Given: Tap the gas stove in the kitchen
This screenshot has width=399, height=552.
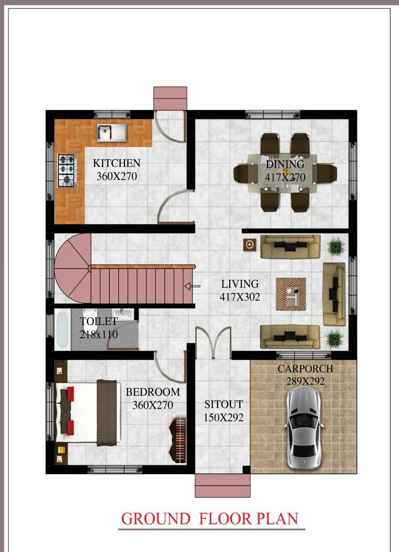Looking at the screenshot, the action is (67, 171).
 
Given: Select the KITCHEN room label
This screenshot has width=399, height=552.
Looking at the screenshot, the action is (117, 163).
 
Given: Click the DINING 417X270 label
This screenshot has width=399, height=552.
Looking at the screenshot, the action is (285, 171).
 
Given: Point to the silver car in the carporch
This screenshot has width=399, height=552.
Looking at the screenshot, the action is (304, 428).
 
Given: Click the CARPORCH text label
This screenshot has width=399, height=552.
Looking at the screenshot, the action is (305, 369).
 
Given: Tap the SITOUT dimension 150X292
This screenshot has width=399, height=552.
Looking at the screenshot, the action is (224, 418).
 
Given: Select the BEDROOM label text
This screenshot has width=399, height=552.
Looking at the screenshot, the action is (153, 392).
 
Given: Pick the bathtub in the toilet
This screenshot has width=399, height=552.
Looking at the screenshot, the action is (62, 330).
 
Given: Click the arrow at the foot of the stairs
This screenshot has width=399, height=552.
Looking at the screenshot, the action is (192, 286).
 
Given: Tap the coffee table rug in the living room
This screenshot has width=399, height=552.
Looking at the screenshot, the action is (291, 294).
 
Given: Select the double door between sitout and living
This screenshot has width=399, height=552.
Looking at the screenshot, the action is (214, 342).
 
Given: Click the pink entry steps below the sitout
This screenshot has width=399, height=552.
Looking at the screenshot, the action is (222, 485).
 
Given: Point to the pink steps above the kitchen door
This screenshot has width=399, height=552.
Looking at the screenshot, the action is (170, 98).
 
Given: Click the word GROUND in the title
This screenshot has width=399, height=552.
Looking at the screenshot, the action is (155, 519).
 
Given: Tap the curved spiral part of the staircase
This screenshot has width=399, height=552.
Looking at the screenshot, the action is (73, 268).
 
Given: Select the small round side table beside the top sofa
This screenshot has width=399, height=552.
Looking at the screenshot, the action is (250, 245).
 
